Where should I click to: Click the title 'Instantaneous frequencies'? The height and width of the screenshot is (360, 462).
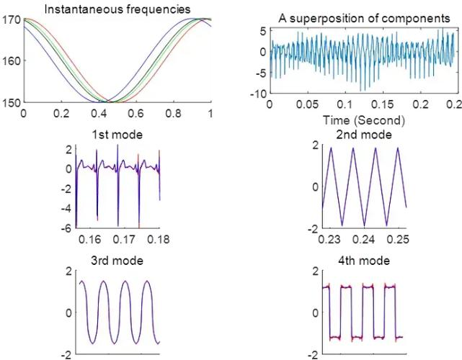tap(117, 9)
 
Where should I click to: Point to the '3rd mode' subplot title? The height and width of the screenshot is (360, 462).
tap(117, 260)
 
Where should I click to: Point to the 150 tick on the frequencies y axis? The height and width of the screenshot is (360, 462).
tap(12, 102)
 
